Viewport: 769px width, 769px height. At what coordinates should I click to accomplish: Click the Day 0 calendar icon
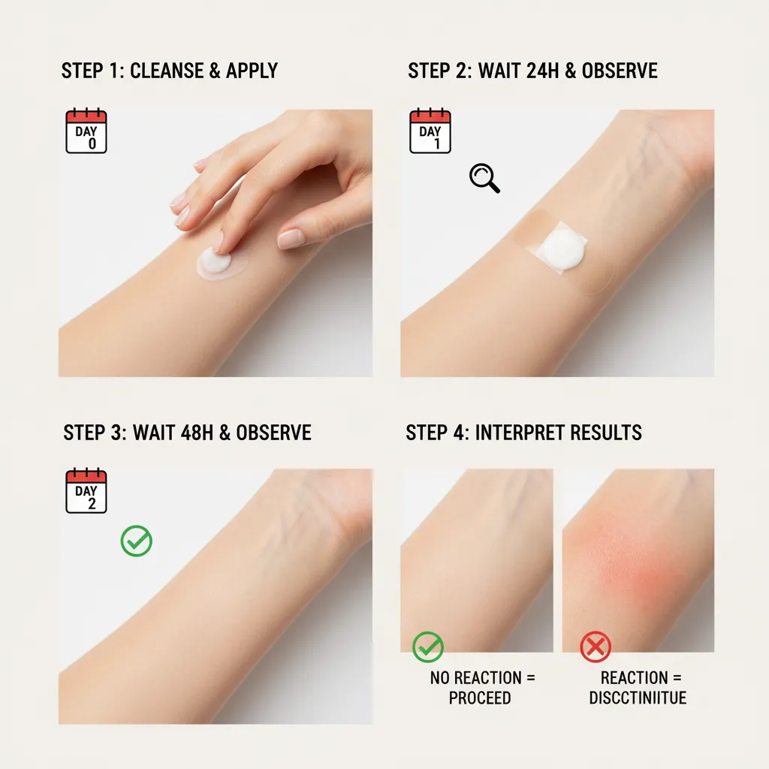pyautogui.click(x=86, y=131)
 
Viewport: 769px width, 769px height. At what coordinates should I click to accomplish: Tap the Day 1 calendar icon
pyautogui.click(x=430, y=131)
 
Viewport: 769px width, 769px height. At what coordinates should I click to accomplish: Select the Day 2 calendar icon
pyautogui.click(x=86, y=492)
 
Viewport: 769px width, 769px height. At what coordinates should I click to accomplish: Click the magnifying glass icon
pyautogui.click(x=484, y=179)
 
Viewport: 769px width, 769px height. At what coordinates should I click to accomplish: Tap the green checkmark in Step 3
pyautogui.click(x=137, y=541)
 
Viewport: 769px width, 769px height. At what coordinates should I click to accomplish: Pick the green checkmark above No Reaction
pyautogui.click(x=428, y=647)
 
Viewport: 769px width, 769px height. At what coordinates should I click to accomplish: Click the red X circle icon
pyautogui.click(x=596, y=647)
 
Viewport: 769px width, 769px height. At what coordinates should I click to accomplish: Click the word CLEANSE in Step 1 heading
pyautogui.click(x=166, y=71)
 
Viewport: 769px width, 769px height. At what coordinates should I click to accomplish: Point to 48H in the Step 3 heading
pyautogui.click(x=198, y=433)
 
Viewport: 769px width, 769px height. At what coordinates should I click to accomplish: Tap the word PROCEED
pyautogui.click(x=480, y=698)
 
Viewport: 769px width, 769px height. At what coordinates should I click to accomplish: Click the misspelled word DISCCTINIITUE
pyautogui.click(x=638, y=698)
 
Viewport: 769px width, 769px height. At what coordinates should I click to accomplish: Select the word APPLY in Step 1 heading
pyautogui.click(x=252, y=71)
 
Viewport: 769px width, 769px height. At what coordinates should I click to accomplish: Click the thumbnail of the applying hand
pyautogui.click(x=216, y=243)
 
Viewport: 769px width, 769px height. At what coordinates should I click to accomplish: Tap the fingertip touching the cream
pyautogui.click(x=218, y=244)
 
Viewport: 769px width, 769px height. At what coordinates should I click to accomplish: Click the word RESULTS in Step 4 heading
pyautogui.click(x=608, y=433)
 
